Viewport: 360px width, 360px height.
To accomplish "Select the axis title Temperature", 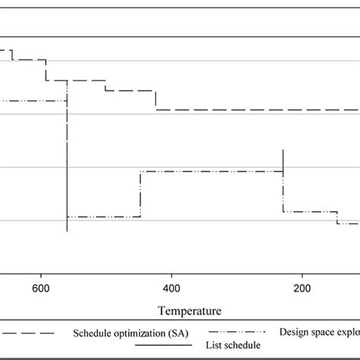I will (x=190, y=311).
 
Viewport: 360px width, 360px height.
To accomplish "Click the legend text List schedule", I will (x=232, y=345).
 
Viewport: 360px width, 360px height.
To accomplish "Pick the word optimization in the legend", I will (x=137, y=333).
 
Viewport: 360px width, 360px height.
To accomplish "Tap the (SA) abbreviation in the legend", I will (x=172, y=333).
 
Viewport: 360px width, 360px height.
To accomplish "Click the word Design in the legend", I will (x=295, y=332).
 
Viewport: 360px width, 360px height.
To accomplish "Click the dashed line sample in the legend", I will (x=27, y=333).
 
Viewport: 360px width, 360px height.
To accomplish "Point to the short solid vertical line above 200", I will (x=283, y=162).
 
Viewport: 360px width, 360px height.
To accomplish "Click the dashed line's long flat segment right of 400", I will (x=251, y=109).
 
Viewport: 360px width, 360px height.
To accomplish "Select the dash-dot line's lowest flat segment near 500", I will (x=103, y=217).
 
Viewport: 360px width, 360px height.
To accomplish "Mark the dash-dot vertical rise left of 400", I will (x=140, y=194).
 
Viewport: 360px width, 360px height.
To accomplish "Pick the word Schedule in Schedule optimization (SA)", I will (x=93, y=333).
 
